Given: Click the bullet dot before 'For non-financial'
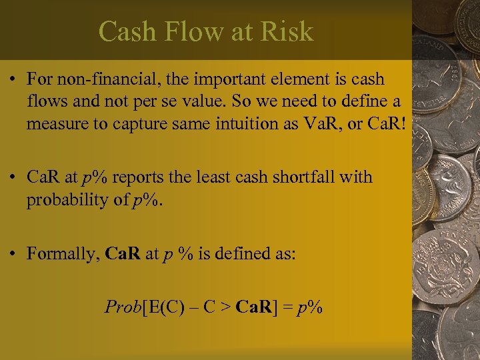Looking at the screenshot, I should [x=14, y=79].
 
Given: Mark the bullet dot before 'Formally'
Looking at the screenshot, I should [x=14, y=254].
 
